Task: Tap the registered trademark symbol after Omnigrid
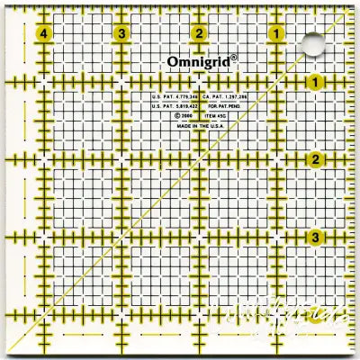pyautogui.click(x=234, y=57)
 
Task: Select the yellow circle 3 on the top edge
pyautogui.click(x=121, y=34)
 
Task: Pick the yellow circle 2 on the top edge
pyautogui.click(x=199, y=34)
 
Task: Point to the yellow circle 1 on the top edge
pyautogui.click(x=274, y=34)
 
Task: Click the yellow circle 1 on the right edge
pyautogui.click(x=316, y=83)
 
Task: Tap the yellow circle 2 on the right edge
pyautogui.click(x=316, y=160)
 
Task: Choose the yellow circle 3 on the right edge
pyautogui.click(x=316, y=238)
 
